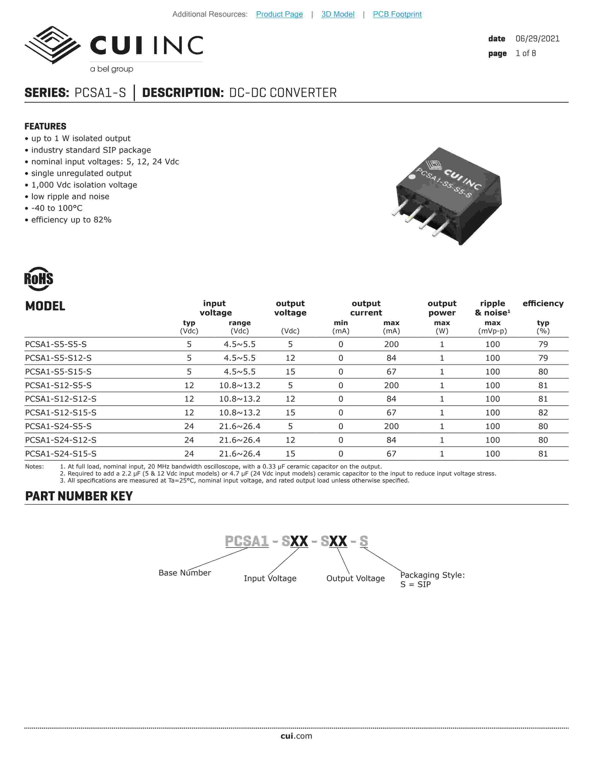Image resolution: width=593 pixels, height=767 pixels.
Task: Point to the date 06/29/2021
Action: [537, 39]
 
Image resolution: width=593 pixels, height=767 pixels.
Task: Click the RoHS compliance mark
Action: [39, 279]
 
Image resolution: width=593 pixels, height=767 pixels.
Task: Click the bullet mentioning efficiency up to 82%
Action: [71, 220]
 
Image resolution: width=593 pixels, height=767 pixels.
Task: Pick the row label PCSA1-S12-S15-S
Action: [61, 413]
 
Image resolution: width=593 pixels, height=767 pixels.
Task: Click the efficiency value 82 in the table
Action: [543, 413]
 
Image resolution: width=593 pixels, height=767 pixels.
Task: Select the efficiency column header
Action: [543, 303]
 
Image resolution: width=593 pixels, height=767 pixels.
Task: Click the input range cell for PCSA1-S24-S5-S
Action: [240, 426]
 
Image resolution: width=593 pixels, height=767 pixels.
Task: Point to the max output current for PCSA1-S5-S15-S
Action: [391, 372]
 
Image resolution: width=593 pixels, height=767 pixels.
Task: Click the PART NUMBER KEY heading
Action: [79, 496]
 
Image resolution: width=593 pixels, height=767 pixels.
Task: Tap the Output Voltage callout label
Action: [355, 579]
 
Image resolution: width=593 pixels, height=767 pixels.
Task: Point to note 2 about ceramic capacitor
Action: [277, 473]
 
